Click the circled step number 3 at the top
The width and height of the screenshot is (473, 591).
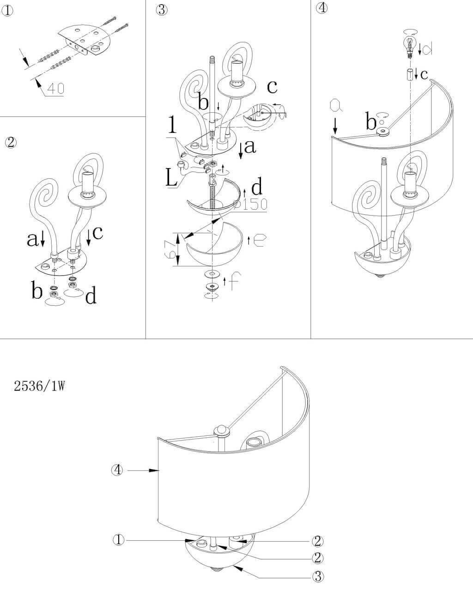click(x=161, y=10)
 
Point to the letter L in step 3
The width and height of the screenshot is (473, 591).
click(x=171, y=178)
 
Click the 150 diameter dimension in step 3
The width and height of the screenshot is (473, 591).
click(x=251, y=204)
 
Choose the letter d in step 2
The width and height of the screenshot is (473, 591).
click(x=91, y=296)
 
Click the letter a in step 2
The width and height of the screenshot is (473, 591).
click(x=32, y=238)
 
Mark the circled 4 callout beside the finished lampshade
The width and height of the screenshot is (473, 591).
click(x=118, y=470)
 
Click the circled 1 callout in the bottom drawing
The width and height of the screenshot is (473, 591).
click(x=119, y=540)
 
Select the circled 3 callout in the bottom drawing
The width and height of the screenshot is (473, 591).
click(x=317, y=576)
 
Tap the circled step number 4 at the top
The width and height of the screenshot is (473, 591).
click(x=322, y=8)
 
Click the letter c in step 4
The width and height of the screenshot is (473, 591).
click(x=424, y=74)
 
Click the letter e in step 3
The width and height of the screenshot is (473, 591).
click(x=259, y=240)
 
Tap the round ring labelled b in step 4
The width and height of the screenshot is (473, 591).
click(x=383, y=132)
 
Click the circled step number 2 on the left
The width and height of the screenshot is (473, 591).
click(x=10, y=142)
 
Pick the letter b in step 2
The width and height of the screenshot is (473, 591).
click(x=37, y=291)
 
